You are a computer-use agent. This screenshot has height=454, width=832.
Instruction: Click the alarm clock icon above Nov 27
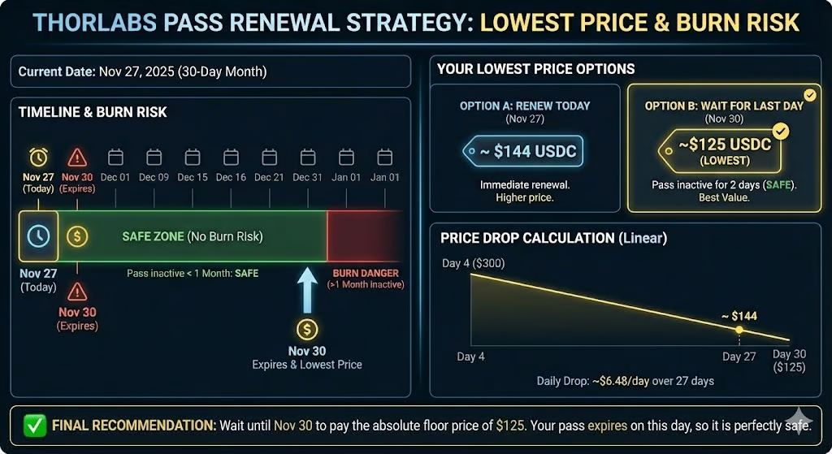tap(38, 157)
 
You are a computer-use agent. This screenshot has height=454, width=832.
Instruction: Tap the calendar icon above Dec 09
tap(154, 157)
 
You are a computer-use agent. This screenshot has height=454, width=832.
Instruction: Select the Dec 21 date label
tap(269, 177)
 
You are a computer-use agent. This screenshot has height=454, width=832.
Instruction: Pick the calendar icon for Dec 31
tap(307, 157)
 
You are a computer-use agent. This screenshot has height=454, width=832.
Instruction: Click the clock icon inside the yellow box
tap(38, 236)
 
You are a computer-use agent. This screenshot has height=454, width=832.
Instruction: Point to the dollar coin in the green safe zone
tap(77, 236)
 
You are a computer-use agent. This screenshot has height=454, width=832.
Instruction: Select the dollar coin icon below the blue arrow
tap(307, 330)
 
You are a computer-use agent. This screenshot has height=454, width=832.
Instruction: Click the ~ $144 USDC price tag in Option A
tap(524, 152)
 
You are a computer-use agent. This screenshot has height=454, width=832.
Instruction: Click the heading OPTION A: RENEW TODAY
tap(525, 106)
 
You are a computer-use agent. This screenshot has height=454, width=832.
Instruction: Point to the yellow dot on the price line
tap(739, 330)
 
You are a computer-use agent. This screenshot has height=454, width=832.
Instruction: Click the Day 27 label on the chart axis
tap(739, 357)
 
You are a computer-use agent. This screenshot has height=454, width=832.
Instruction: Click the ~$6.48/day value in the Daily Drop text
tap(631, 381)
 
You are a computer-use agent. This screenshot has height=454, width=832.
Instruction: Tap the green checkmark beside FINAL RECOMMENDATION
tap(35, 424)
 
